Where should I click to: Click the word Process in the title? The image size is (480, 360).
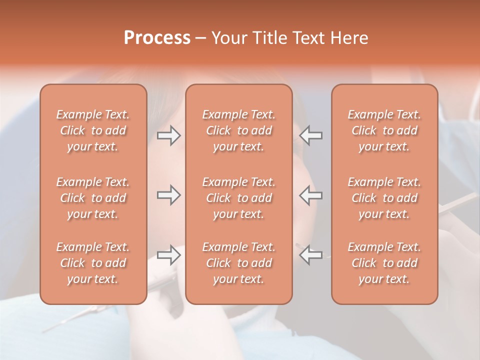click(x=157, y=38)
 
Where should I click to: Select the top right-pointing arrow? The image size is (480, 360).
click(x=169, y=135)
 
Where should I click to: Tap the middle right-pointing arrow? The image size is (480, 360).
click(x=169, y=195)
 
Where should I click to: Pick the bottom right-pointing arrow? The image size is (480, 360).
click(x=169, y=255)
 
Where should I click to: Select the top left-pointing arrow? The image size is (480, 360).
click(x=310, y=135)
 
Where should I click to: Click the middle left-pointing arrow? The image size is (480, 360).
click(x=310, y=195)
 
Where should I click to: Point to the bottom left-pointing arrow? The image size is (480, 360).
click(x=310, y=255)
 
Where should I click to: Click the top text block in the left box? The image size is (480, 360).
click(x=93, y=130)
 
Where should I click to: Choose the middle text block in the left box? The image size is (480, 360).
click(x=93, y=198)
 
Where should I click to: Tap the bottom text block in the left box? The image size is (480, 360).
click(x=93, y=263)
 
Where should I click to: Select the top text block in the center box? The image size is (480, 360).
click(x=238, y=130)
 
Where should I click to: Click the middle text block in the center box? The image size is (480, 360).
click(x=238, y=198)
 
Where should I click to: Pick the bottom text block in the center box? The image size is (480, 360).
click(x=238, y=263)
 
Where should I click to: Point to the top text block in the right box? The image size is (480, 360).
click(x=384, y=130)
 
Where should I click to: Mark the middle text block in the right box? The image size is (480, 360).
click(x=384, y=198)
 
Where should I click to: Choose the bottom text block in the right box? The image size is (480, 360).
click(x=384, y=263)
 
